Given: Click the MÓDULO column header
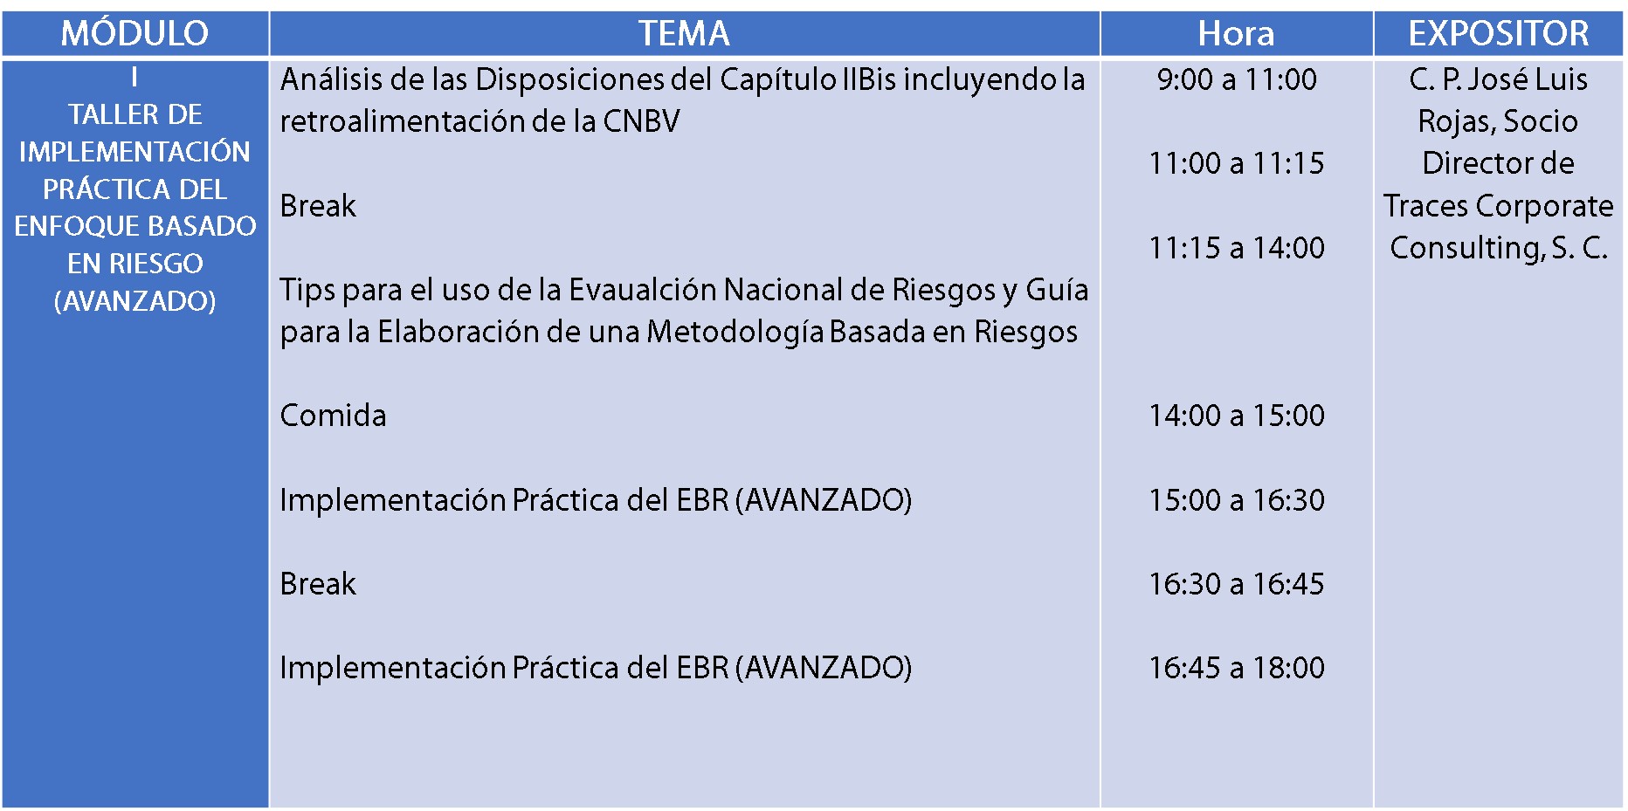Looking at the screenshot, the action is tap(135, 34).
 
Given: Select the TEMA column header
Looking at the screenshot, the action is tap(684, 34).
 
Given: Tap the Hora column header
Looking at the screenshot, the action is tap(1236, 34).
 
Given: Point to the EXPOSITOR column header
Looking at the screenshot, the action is tap(1499, 34).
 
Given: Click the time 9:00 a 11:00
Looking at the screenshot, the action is tap(1237, 79).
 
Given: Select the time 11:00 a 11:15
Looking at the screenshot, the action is tap(1237, 163).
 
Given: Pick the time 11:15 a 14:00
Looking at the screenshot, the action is tap(1237, 248).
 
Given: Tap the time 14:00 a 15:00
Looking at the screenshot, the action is tap(1237, 416).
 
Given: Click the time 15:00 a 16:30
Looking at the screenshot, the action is tap(1237, 500).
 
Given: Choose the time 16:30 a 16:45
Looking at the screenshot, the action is tap(1237, 584).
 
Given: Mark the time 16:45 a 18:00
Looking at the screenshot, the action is tap(1237, 668).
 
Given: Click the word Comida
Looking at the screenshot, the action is tap(333, 416).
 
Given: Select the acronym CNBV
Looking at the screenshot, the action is tap(641, 121).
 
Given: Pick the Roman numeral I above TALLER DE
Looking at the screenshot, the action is tap(135, 78).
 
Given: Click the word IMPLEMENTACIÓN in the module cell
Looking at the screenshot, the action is tap(135, 151).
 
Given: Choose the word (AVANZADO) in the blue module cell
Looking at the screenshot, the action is tap(135, 301).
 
